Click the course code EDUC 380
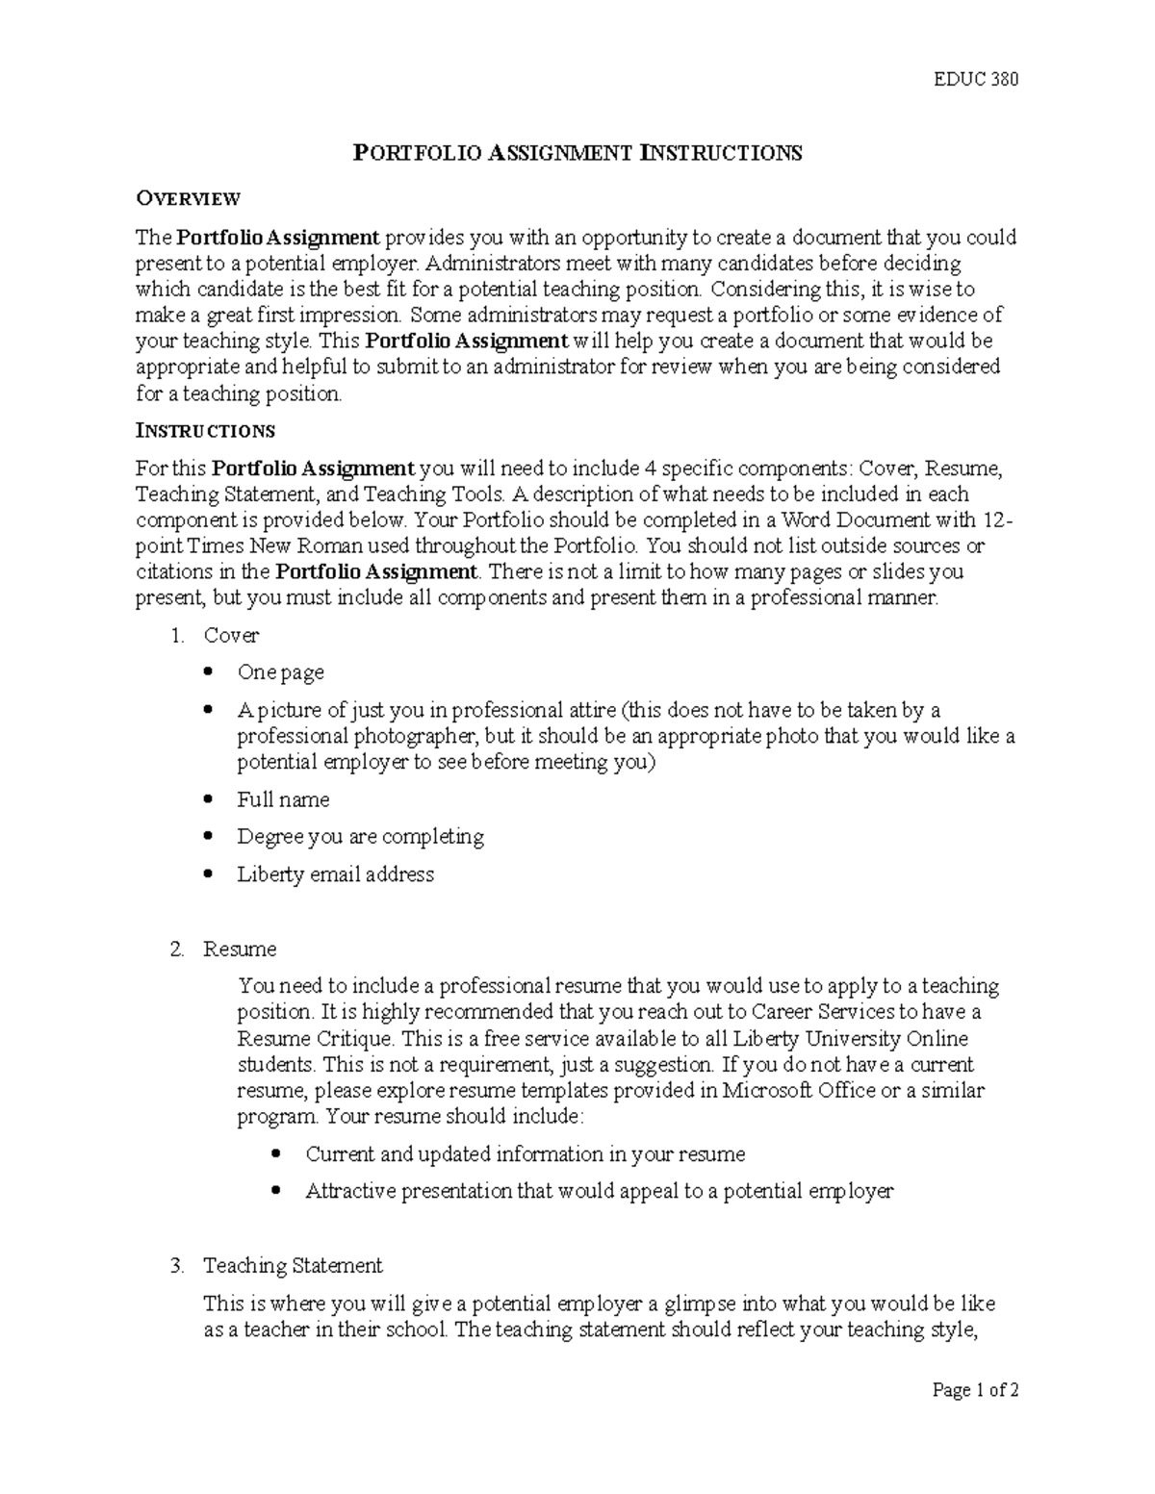(976, 79)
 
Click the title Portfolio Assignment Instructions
(577, 153)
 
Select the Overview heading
(188, 199)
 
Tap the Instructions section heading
(205, 430)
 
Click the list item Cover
(231, 635)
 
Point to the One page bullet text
(280, 672)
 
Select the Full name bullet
(283, 799)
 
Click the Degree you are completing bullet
(360, 837)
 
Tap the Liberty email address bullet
(335, 874)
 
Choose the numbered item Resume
(240, 950)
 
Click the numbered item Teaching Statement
(293, 1266)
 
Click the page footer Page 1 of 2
(974, 1390)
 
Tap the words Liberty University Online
(850, 1039)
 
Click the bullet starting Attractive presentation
(599, 1191)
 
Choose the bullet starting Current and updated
(525, 1153)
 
